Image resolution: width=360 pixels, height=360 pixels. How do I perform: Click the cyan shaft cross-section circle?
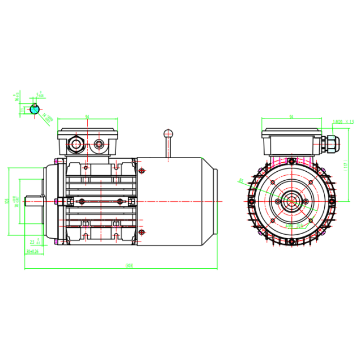pos(35,109)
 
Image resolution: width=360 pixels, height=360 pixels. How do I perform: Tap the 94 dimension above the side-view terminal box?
pos(87,117)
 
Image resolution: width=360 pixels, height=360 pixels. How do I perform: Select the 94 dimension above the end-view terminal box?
pos(291,117)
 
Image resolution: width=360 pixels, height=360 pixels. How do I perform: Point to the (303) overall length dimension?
pos(129,266)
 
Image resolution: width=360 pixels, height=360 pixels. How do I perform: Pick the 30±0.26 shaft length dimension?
pos(32,251)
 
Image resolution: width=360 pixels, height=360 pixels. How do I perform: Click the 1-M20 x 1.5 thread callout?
pos(343,121)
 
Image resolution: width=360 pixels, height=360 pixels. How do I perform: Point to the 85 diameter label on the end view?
pos(241,180)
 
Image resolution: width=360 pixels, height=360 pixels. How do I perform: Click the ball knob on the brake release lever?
pos(168,133)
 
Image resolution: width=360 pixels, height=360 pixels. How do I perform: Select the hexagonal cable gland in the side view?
pos(75,143)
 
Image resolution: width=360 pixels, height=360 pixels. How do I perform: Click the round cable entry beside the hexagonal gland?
pos(100,144)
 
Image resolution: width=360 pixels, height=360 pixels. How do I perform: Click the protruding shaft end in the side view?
pos(32,201)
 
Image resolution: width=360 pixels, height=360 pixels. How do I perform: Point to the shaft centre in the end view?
pos(291,202)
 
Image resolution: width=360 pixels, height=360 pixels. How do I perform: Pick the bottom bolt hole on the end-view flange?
pos(291,243)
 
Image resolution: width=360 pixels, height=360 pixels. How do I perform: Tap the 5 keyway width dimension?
pos(40,95)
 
